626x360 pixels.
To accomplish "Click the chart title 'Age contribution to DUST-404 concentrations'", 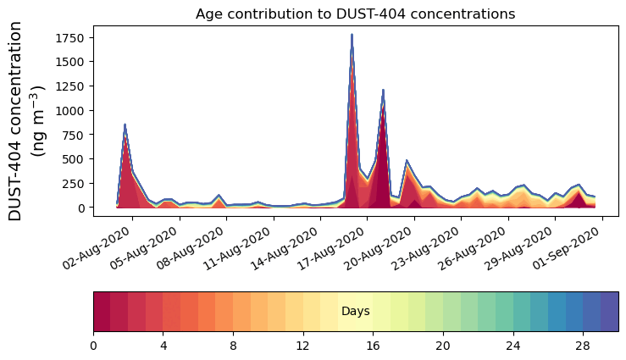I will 355,14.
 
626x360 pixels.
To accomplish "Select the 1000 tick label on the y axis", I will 69,111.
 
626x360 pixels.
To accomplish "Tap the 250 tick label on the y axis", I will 75,184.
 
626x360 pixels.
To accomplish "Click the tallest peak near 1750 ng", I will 352,36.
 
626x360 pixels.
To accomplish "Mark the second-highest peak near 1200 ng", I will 383,91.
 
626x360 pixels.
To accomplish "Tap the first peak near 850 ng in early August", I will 125,125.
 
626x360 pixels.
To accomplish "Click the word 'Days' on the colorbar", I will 355,312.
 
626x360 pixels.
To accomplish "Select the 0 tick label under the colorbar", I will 93,346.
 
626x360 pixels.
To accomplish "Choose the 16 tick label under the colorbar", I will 373,346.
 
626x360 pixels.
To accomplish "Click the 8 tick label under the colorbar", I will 233,346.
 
